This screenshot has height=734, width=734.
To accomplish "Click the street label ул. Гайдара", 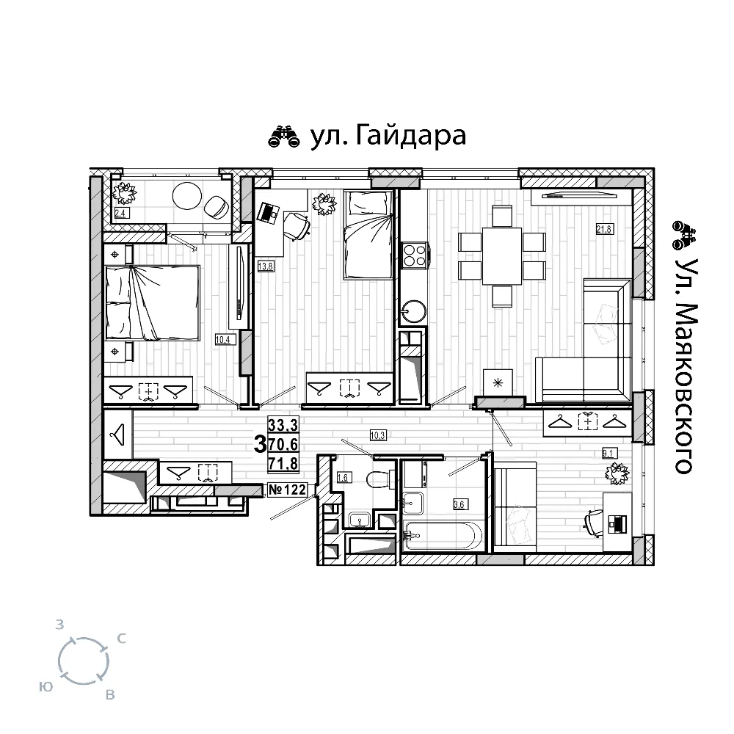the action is pyautogui.click(x=388, y=137).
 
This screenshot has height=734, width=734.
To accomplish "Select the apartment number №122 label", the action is pyautogui.click(x=288, y=490).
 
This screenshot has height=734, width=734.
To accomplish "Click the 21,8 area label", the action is pyautogui.click(x=604, y=229).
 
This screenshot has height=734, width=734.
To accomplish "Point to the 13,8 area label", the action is pyautogui.click(x=266, y=266).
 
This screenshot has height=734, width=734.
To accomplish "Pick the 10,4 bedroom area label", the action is pyautogui.click(x=223, y=339).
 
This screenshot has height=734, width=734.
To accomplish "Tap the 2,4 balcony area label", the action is pyautogui.click(x=121, y=213).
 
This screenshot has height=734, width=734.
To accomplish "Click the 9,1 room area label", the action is pyautogui.click(x=608, y=453).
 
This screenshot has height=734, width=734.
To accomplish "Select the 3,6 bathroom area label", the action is pyautogui.click(x=459, y=504).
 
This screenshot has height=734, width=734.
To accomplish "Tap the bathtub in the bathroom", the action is pyautogui.click(x=443, y=535).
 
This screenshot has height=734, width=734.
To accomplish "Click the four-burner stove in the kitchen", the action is pyautogui.click(x=414, y=255).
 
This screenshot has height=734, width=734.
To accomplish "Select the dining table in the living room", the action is pyautogui.click(x=502, y=256).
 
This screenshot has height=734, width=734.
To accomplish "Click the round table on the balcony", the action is pyautogui.click(x=186, y=197).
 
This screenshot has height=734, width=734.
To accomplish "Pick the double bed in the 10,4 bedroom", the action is pyautogui.click(x=153, y=303).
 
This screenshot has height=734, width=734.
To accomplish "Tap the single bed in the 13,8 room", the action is pyautogui.click(x=368, y=235).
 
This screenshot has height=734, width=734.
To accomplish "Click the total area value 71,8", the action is pyautogui.click(x=283, y=463).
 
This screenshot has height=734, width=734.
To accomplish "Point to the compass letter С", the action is pyautogui.click(x=121, y=639).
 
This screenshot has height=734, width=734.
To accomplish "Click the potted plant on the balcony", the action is pyautogui.click(x=124, y=193).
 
